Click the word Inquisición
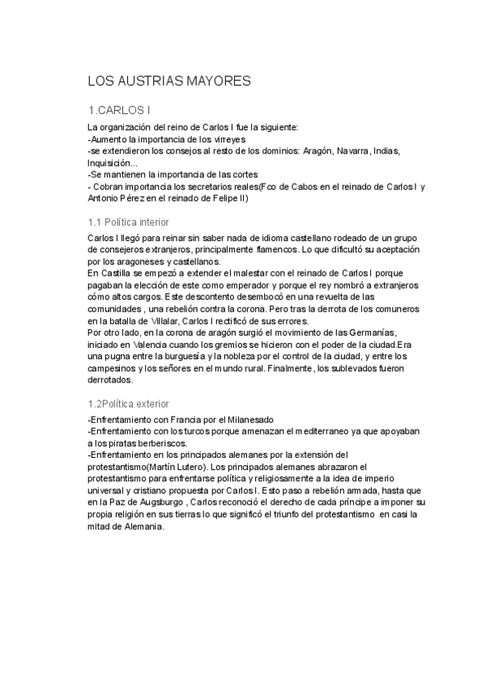tap(110, 163)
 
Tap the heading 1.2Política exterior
tap(128, 403)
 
